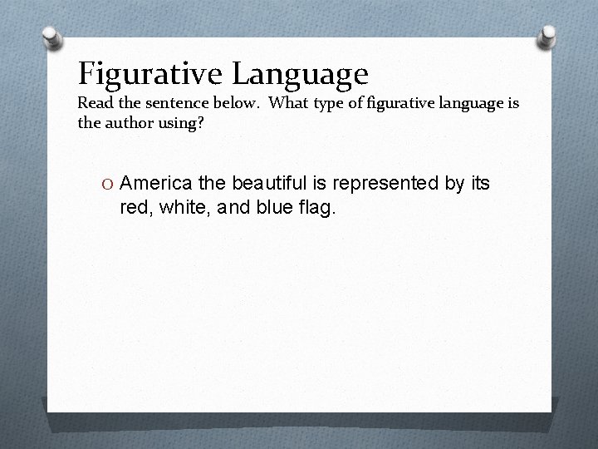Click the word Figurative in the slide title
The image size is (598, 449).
pos(150,74)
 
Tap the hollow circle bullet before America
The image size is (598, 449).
pos(107,185)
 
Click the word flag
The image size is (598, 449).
pos(314,206)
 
